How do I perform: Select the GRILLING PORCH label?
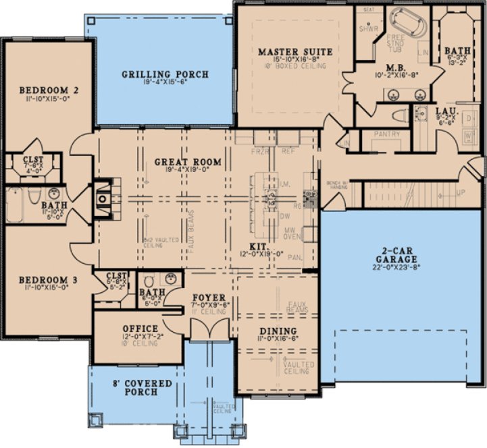click(165, 74)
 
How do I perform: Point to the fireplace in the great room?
click(102, 199)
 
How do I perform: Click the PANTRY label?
click(386, 134)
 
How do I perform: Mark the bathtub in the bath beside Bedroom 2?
click(15, 205)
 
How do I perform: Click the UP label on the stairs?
click(461, 193)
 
